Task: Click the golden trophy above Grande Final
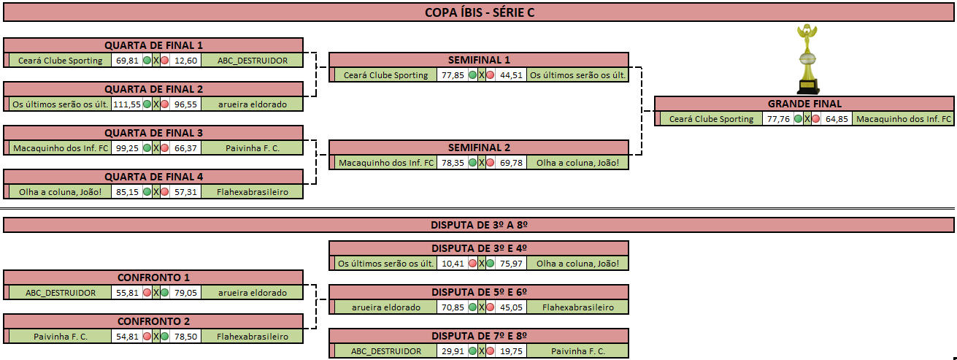807,58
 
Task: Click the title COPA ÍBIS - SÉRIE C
480,12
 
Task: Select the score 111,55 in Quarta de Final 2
127,104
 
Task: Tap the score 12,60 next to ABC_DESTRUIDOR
186,61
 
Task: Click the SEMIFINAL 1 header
479,60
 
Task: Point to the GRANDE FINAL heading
804,104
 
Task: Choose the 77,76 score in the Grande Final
778,119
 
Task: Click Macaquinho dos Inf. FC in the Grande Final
904,119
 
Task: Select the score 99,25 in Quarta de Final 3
127,148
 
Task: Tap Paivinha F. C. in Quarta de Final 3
253,148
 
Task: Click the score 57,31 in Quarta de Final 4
186,192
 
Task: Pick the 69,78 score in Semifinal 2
512,163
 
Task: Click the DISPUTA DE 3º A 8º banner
479,225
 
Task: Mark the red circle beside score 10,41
472,264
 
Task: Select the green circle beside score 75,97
490,264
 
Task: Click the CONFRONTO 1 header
153,277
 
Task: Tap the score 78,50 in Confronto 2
186,337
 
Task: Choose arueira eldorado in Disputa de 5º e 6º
385,307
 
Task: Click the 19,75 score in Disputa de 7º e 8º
512,351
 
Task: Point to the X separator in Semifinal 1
482,75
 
